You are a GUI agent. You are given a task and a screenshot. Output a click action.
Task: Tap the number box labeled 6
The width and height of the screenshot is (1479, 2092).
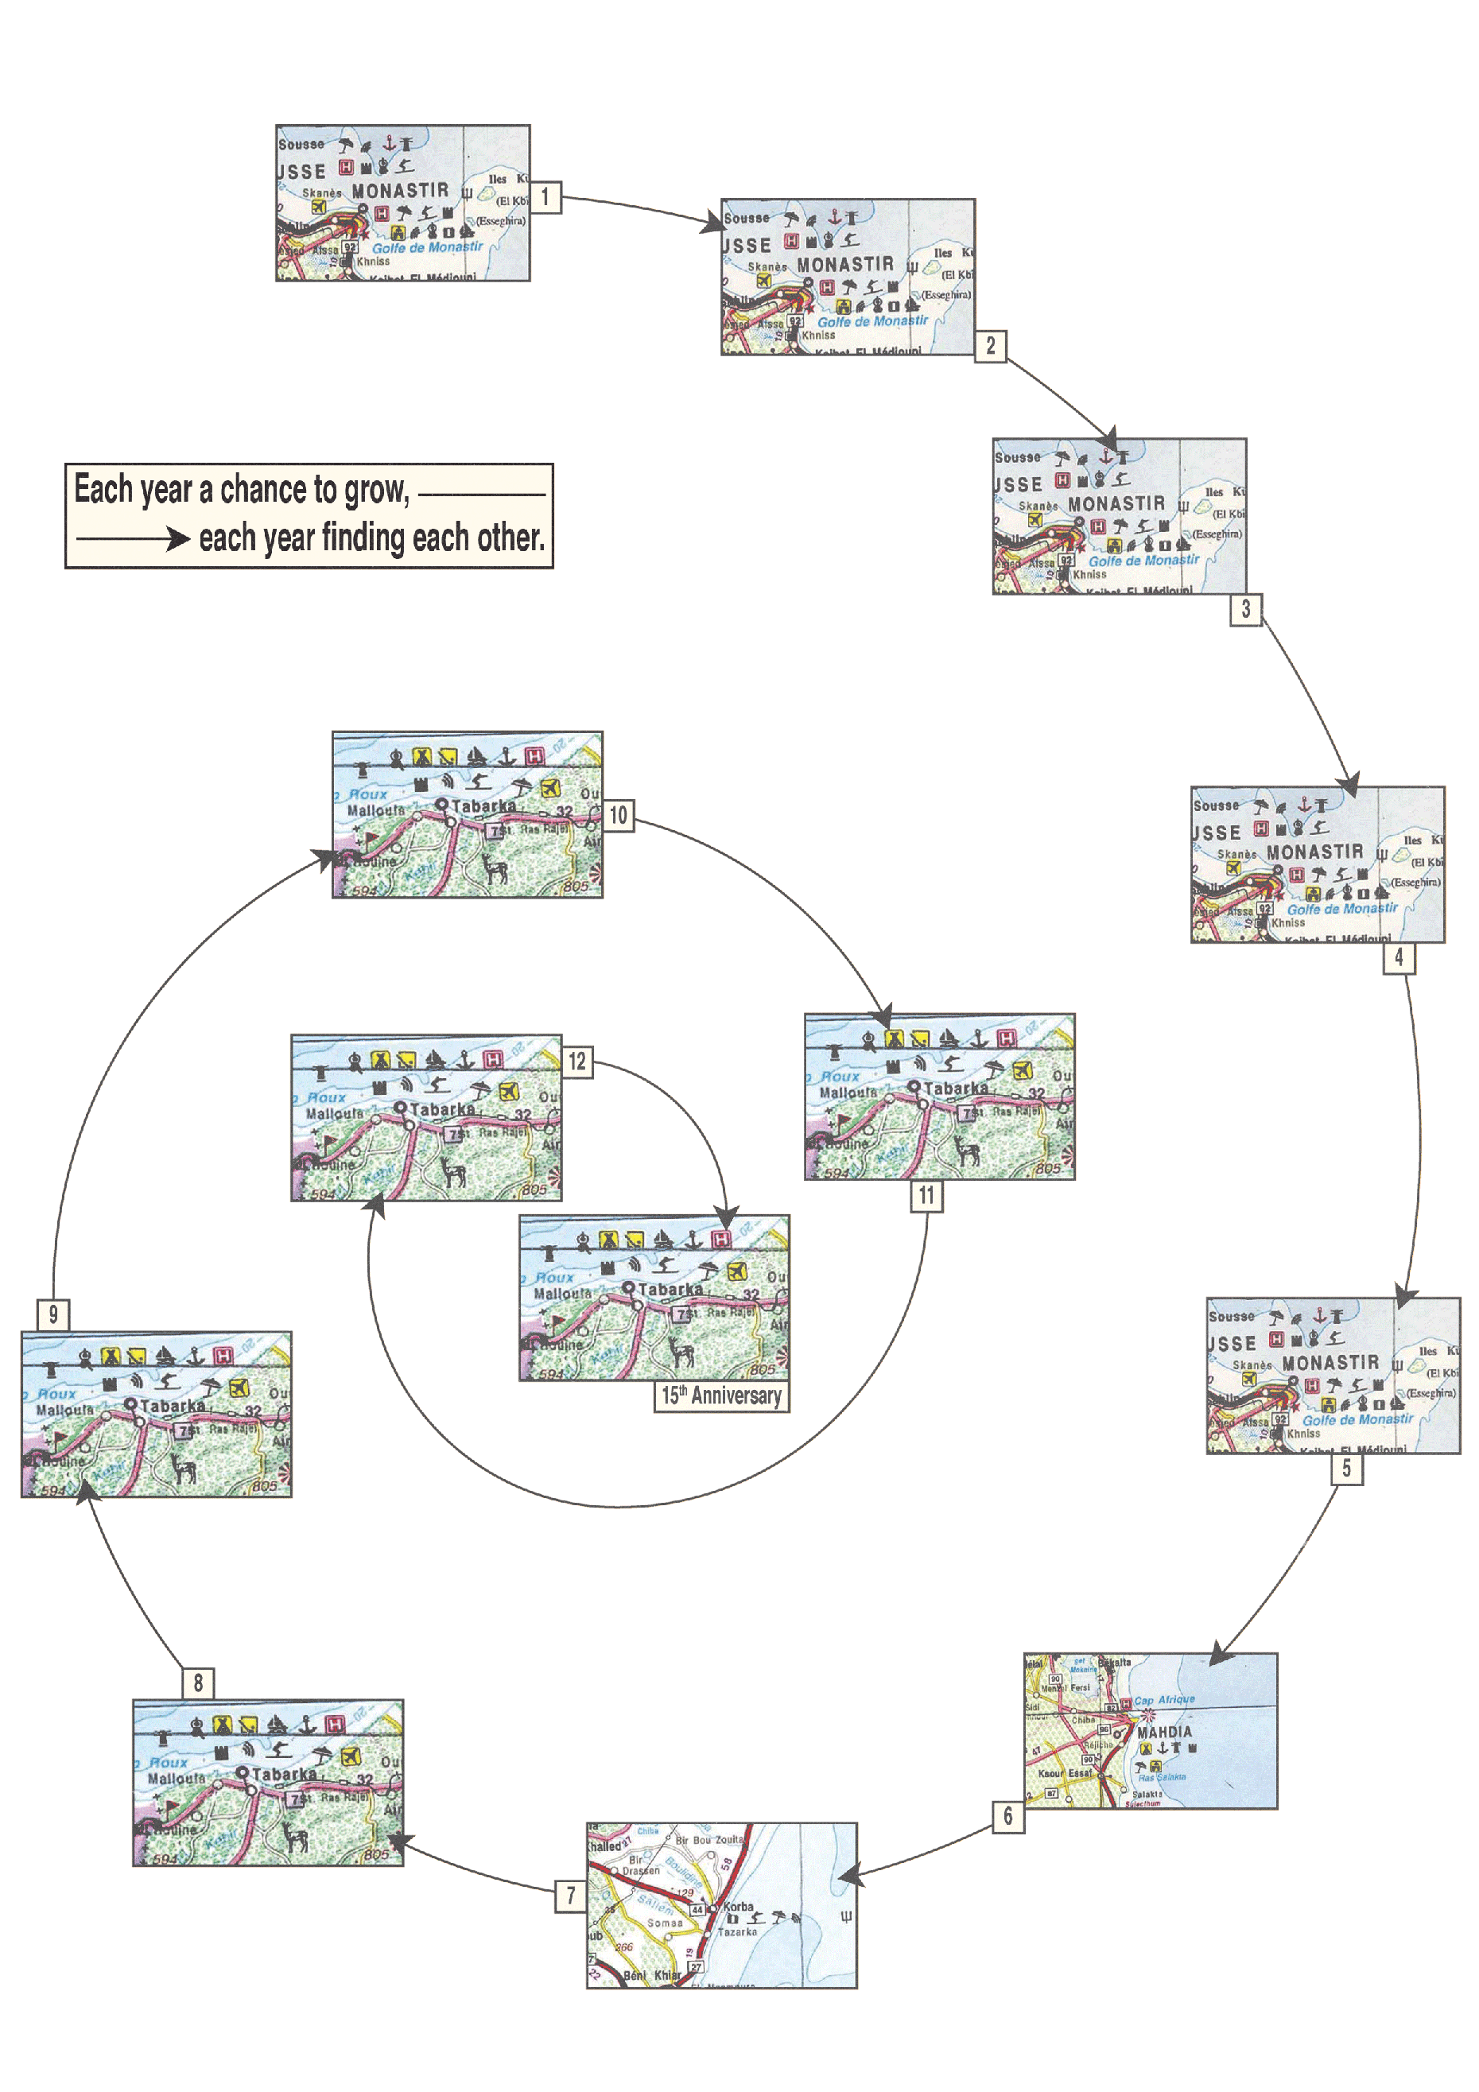click(x=1008, y=1816)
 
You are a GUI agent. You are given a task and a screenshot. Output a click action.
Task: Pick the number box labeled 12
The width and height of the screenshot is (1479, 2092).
click(x=576, y=1062)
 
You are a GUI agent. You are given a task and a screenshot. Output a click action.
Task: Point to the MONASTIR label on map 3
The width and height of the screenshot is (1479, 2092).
click(x=1116, y=504)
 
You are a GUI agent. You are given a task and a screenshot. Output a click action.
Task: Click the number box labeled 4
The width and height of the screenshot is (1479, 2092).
click(x=1399, y=957)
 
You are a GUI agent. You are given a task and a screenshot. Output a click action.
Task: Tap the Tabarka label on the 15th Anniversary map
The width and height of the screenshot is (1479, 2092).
click(x=670, y=1289)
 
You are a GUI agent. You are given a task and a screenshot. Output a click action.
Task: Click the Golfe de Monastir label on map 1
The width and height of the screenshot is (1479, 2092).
click(x=427, y=248)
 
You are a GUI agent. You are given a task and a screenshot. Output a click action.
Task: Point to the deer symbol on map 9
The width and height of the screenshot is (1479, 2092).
click(x=183, y=1468)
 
